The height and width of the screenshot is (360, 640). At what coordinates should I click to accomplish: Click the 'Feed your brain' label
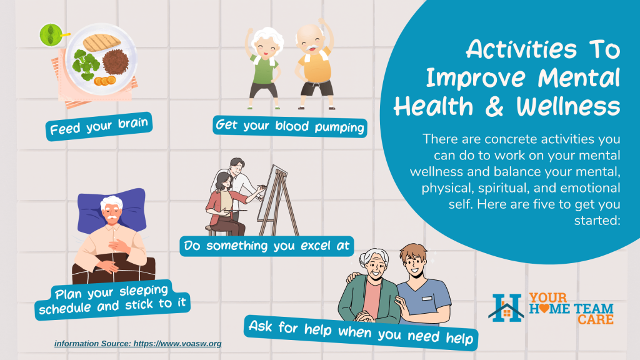pos(99,126)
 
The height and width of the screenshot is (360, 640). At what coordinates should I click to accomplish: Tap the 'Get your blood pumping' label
pos(290,126)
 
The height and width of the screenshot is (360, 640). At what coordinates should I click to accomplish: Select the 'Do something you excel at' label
pos(266,246)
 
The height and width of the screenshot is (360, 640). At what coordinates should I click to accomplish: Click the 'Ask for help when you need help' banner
pos(361,332)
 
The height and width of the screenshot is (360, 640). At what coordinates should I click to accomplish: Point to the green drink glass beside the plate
pos(51,35)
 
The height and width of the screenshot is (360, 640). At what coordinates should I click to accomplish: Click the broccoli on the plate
pos(86,64)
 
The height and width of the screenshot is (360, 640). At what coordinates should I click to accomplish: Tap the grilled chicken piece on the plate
pos(102,42)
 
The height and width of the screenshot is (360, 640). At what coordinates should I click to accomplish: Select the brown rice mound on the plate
pos(116,61)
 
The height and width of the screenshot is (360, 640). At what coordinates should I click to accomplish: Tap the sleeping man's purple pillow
pos(111,210)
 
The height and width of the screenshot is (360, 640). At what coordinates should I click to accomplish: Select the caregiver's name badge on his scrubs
pos(427,299)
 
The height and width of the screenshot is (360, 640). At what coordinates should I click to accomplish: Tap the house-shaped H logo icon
pos(506,308)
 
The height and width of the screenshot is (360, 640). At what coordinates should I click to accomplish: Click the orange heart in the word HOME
pos(544,309)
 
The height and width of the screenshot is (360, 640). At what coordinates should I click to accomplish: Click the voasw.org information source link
pos(138,343)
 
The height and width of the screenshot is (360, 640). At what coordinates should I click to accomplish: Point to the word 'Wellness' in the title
pos(569,106)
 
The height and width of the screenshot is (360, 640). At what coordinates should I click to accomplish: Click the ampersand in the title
pos(495,106)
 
